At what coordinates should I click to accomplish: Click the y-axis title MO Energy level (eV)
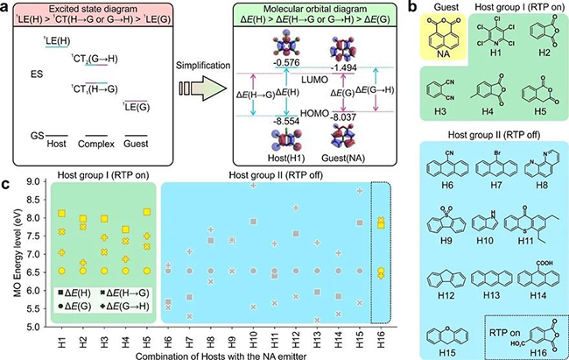pos(13,254)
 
